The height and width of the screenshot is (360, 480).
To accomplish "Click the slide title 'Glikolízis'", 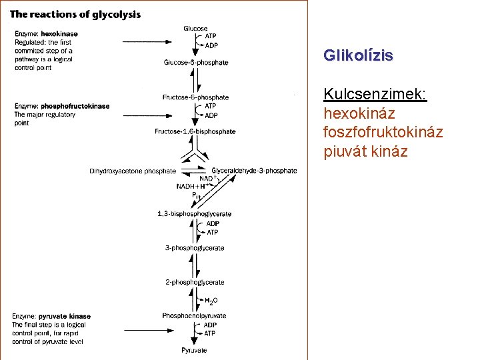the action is click(358, 55).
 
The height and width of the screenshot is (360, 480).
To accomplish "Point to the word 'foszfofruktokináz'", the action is click(383, 133).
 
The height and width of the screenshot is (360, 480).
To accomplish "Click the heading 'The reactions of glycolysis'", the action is click(75, 15).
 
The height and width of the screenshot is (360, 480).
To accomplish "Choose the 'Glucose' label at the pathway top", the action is click(195, 29).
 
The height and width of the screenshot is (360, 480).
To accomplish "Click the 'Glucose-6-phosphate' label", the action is click(195, 63).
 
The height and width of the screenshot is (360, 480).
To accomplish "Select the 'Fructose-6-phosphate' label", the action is click(195, 97).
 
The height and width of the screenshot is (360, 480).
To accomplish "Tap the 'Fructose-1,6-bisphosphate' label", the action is click(195, 131).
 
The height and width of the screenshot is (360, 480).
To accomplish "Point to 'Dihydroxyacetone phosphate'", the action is click(133, 171).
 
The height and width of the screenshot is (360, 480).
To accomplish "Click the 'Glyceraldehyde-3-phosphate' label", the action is click(254, 171).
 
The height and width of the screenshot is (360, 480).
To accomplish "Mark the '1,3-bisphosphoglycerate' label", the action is click(194, 214).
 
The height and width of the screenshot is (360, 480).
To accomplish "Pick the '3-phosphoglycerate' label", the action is click(195, 248).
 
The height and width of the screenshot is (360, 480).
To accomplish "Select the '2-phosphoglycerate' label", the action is click(195, 283).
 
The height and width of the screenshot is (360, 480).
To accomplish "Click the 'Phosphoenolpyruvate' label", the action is click(194, 315).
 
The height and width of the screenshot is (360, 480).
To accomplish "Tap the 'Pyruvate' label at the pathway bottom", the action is click(194, 350).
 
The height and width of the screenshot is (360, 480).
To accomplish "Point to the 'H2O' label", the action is click(211, 301).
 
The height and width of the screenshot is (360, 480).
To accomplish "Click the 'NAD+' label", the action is click(206, 178).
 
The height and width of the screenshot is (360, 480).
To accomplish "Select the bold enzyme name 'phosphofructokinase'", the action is click(75, 106).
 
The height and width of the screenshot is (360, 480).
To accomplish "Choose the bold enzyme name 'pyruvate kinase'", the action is click(65, 316).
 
